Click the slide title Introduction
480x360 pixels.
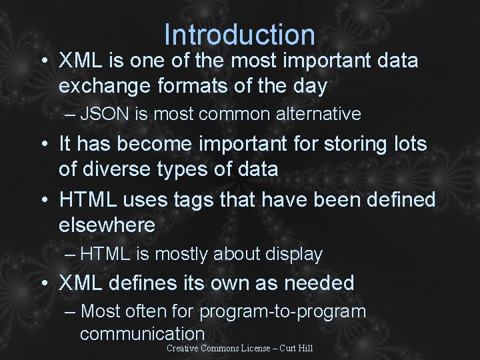pos(239,35)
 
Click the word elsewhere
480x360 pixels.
pos(107,225)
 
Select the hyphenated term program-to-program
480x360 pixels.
pos(283,311)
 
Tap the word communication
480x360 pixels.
pos(142,333)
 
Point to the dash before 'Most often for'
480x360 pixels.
pos(71,311)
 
